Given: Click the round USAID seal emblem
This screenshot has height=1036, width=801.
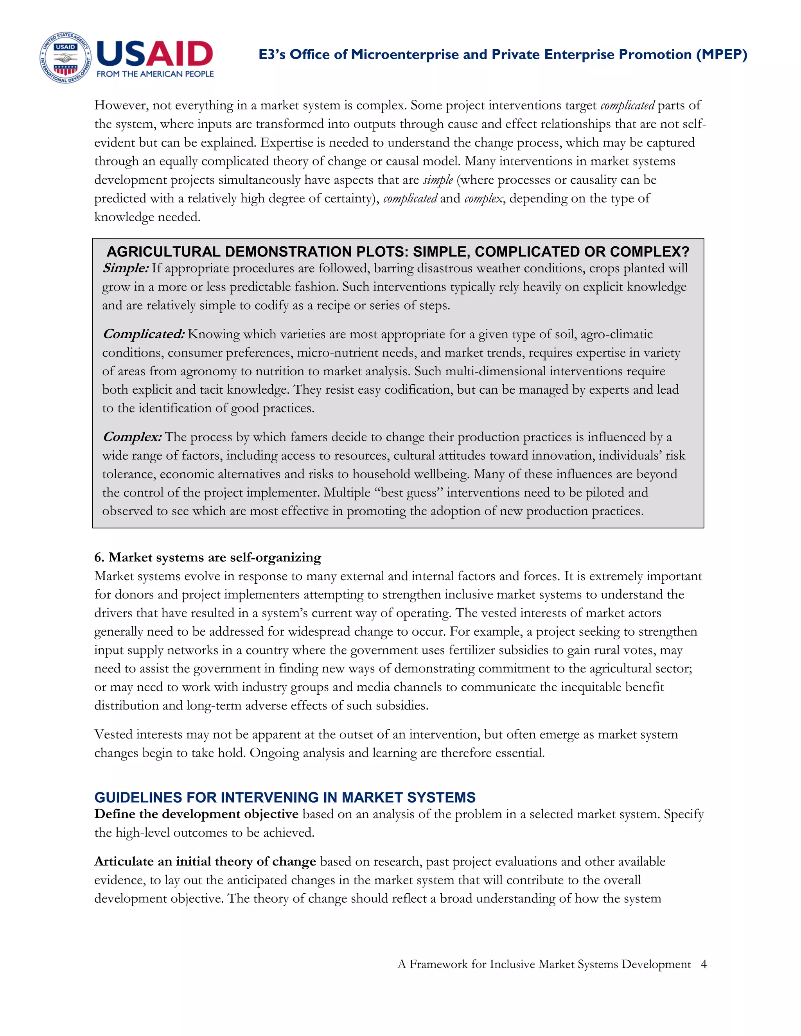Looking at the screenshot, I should [65, 58].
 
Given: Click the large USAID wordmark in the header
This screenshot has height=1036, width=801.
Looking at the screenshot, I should [155, 54].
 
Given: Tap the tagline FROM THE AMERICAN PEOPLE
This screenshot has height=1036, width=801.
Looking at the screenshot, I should [155, 74].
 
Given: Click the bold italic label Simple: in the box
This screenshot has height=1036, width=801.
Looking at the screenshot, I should [126, 269].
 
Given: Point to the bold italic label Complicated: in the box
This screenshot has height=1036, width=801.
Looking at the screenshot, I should [143, 334].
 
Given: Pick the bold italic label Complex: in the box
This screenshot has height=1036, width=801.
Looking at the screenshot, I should [133, 437].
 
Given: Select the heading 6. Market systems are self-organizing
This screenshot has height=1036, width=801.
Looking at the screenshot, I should [207, 557].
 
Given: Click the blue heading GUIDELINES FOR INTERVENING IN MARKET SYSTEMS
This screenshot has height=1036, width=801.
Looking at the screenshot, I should [285, 798].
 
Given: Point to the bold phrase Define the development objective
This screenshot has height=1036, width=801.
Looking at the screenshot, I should [196, 814].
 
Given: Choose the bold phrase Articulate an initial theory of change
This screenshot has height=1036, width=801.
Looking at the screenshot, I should [205, 861].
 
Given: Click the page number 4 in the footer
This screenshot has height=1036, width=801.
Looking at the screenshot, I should [704, 964].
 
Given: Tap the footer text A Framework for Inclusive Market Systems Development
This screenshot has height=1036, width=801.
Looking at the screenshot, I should [544, 964].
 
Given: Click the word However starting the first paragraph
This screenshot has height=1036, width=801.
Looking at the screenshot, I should [121, 105].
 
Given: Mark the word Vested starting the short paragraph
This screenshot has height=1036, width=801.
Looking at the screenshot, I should [113, 734].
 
